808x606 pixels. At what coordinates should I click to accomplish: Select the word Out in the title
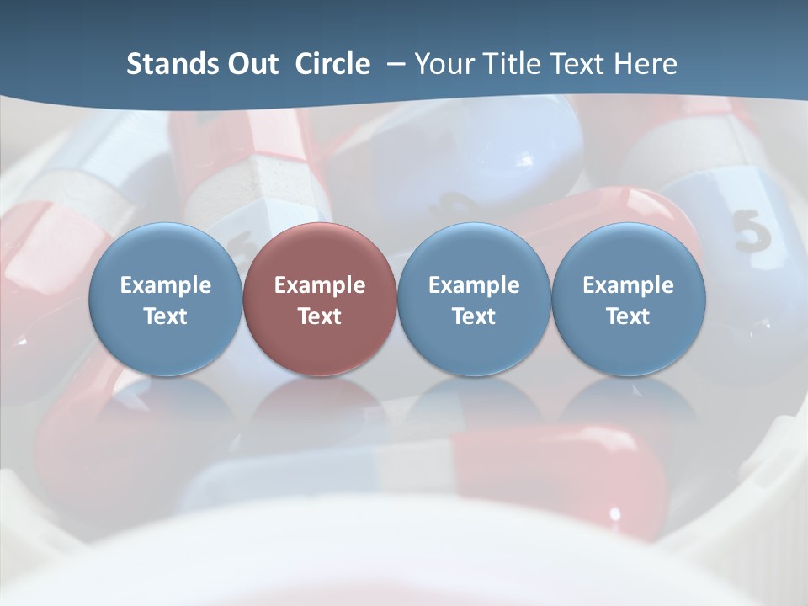pyautogui.click(x=251, y=64)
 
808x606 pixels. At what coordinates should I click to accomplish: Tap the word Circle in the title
pyautogui.click(x=332, y=64)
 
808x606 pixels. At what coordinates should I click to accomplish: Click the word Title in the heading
pyautogui.click(x=513, y=64)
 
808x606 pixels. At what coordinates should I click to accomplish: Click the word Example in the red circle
pyautogui.click(x=320, y=285)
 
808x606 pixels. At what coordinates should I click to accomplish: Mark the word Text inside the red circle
pyautogui.click(x=320, y=316)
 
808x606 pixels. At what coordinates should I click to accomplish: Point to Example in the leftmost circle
pyautogui.click(x=165, y=285)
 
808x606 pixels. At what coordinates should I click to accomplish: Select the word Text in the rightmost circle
pyautogui.click(x=628, y=316)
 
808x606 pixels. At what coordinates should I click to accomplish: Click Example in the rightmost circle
pyautogui.click(x=628, y=285)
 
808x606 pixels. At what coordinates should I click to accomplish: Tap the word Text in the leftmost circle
pyautogui.click(x=165, y=316)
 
